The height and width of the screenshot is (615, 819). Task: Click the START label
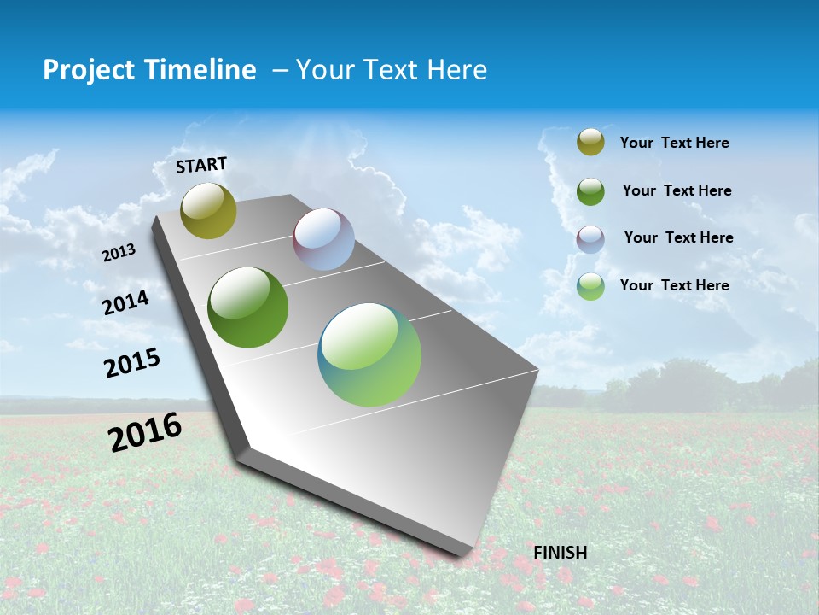point(201,165)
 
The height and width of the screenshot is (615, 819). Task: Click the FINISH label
point(560,553)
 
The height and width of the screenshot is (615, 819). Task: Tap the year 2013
point(119,253)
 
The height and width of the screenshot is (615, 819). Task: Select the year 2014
point(125,303)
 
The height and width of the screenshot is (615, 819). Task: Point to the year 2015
point(131,363)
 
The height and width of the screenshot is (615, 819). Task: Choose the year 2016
point(145,432)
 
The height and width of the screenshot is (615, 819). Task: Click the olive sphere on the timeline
point(208,210)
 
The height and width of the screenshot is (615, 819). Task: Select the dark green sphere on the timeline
point(247,307)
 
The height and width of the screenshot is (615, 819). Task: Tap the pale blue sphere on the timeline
point(323,239)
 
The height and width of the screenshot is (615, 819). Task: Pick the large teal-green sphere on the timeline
point(369,354)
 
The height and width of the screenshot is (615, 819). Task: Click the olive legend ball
point(590,143)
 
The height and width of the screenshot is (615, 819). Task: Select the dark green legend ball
point(590,191)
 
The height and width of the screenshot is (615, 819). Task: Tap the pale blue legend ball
point(590,239)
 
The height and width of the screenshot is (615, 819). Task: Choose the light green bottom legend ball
point(590,286)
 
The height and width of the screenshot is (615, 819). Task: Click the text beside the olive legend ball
point(674,143)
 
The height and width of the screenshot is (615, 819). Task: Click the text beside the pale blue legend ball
point(678,237)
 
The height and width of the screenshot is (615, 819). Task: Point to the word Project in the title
point(88,70)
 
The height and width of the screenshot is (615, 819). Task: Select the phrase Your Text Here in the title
point(392,70)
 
